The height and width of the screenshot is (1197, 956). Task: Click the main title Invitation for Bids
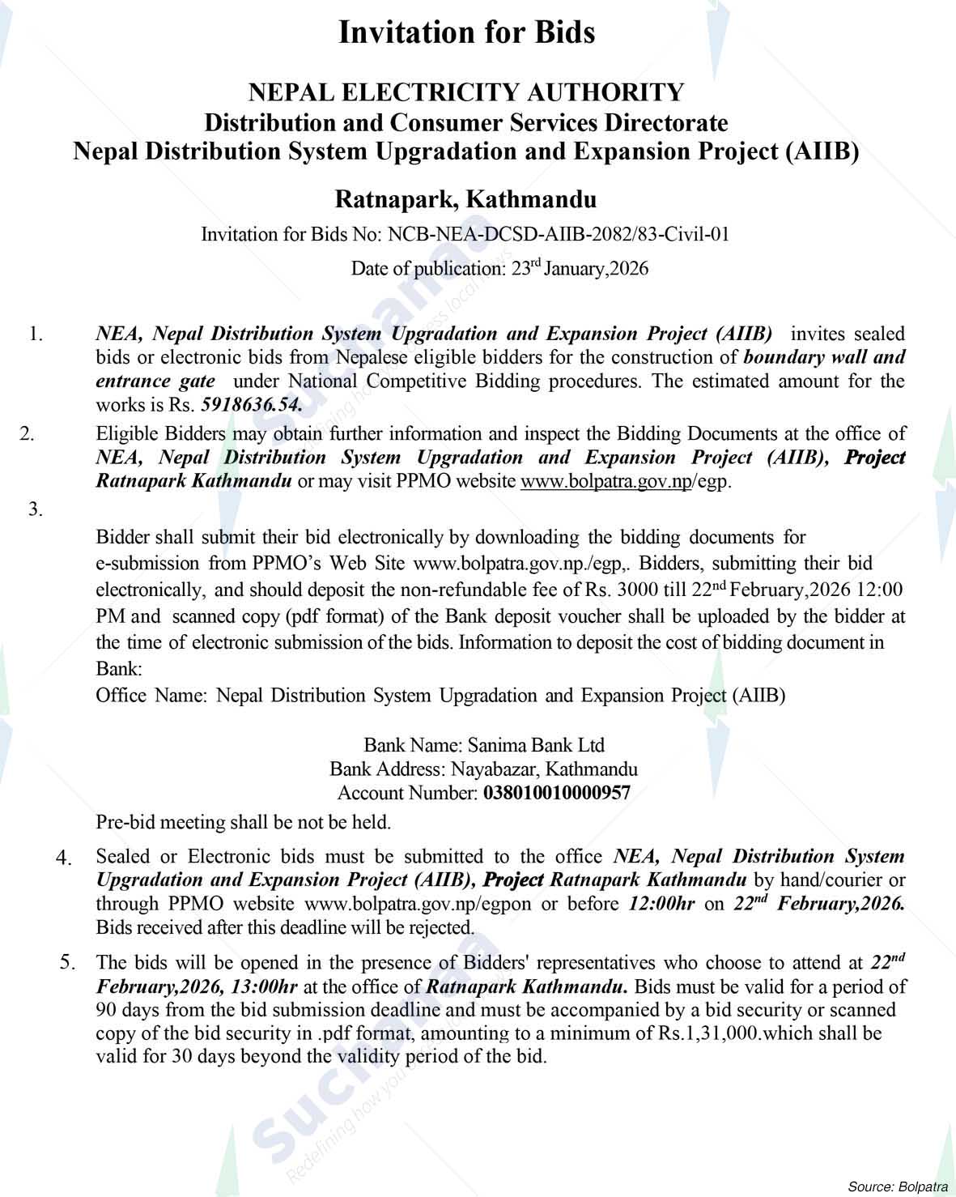coord(466,32)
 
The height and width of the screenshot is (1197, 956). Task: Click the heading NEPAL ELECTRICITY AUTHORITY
coord(466,92)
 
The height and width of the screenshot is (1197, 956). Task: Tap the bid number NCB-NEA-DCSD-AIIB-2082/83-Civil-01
coord(559,235)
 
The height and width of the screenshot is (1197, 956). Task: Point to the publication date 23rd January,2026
coord(580,268)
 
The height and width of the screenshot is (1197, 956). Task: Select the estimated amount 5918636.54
coord(251,404)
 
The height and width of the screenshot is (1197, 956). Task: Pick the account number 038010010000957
coord(556,793)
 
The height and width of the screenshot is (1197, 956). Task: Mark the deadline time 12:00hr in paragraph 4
coord(661,904)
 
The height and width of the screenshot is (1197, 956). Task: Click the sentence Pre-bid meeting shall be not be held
coord(244,822)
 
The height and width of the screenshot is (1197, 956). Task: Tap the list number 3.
coord(35,509)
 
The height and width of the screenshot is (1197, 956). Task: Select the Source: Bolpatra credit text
coord(898,1186)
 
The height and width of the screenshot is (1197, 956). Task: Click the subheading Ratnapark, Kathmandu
coord(466,198)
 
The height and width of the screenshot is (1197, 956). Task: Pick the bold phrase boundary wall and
coord(824,357)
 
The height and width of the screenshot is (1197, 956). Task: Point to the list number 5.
coord(67,962)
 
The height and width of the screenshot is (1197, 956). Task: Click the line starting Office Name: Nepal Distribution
coord(440,695)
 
